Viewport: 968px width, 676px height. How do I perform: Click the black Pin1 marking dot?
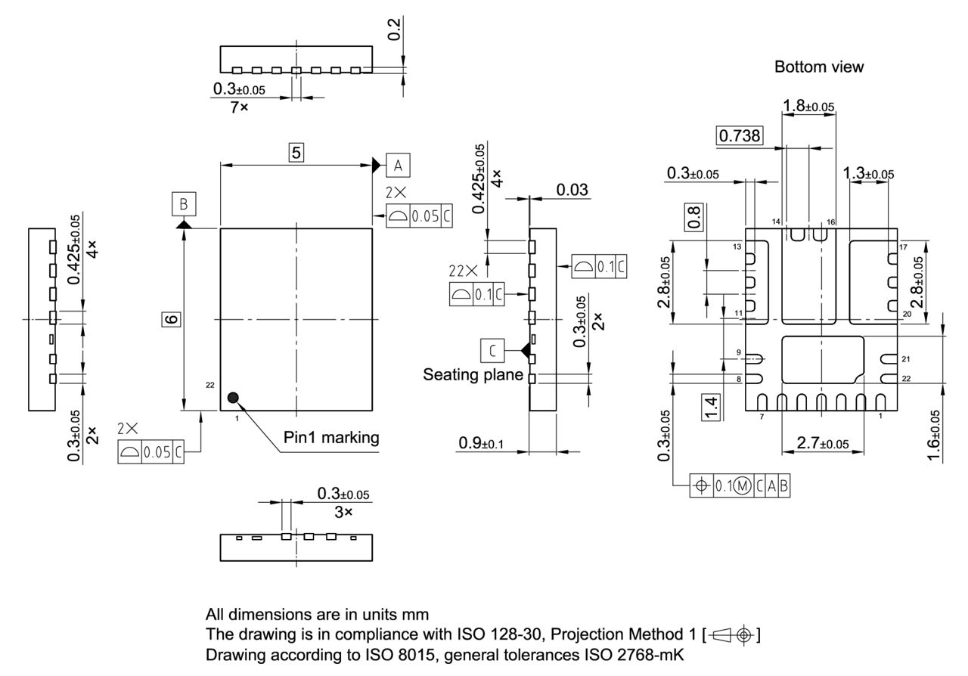(233, 397)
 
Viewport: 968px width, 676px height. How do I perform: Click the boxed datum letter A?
(398, 165)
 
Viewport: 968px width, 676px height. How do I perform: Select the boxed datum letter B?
(184, 204)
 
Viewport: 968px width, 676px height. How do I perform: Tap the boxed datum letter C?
(492, 351)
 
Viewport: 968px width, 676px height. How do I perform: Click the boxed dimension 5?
(296, 152)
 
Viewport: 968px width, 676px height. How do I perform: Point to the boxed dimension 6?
(172, 319)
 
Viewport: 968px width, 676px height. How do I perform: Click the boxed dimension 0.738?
(740, 135)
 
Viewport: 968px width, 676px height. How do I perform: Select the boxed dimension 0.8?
(694, 217)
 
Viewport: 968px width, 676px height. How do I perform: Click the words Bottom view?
(818, 67)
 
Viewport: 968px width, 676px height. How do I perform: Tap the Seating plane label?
(473, 374)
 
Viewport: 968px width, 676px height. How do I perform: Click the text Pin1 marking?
(331, 438)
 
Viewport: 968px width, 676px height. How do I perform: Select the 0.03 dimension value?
(572, 189)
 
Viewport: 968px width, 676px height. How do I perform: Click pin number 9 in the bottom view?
(739, 352)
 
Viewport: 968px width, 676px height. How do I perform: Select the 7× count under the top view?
(239, 107)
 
